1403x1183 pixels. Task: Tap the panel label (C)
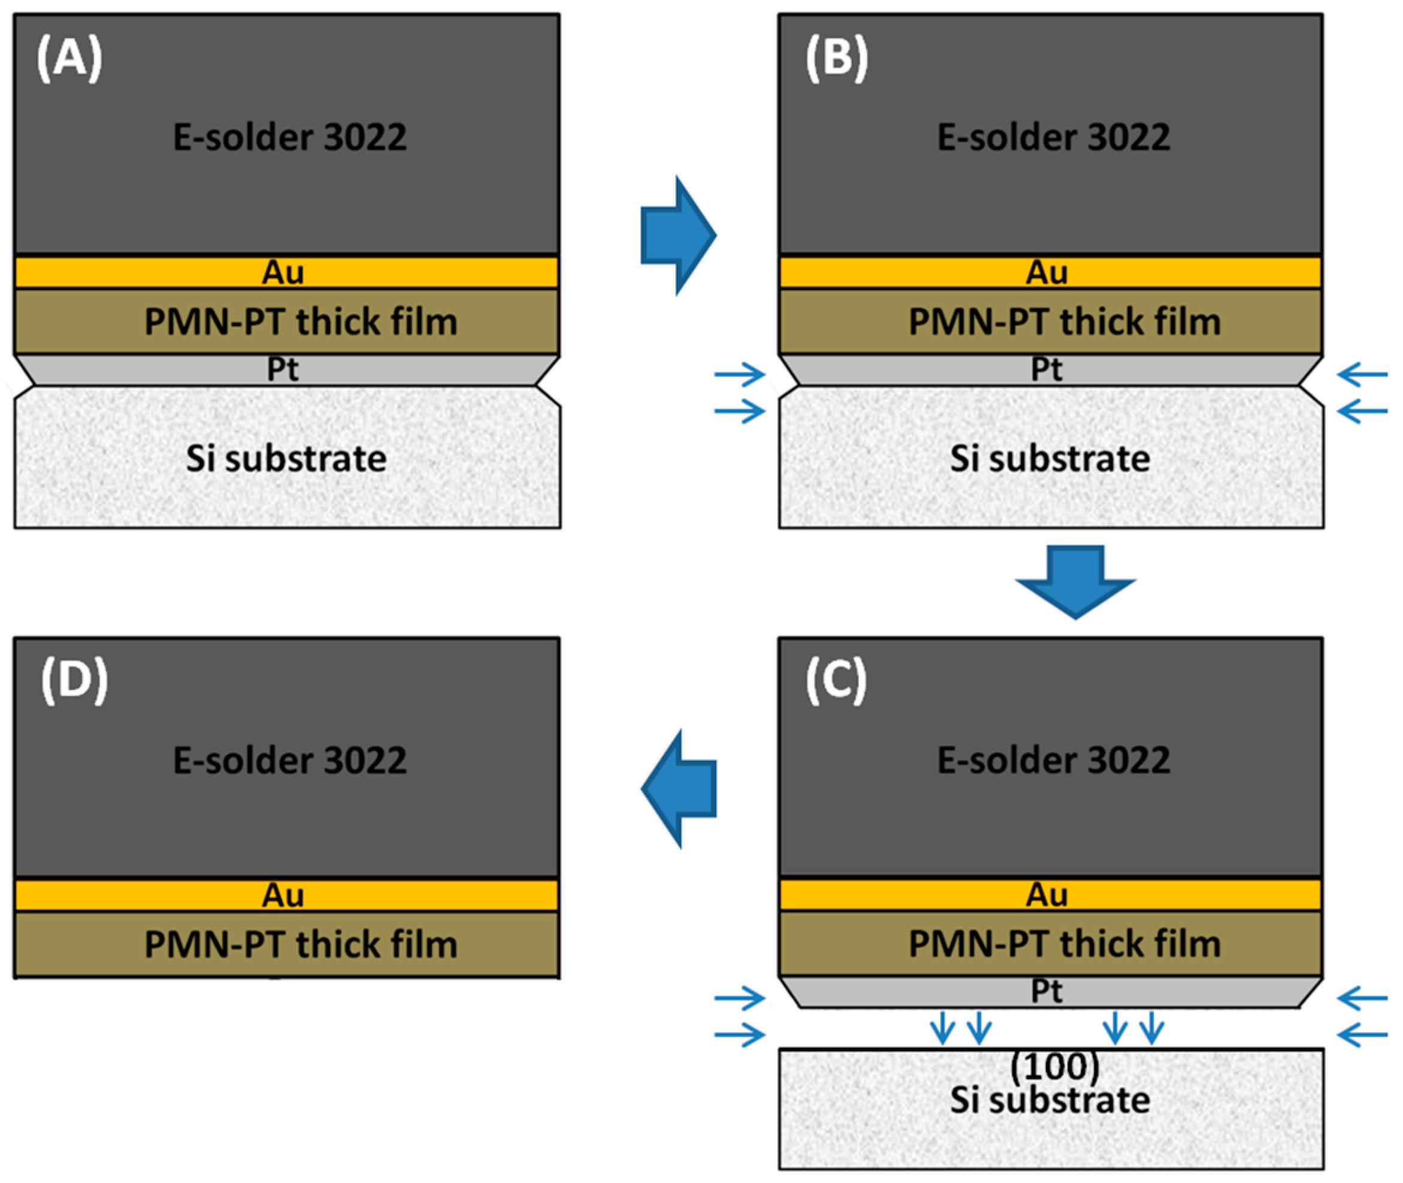point(835,681)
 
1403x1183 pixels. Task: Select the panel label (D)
point(74,681)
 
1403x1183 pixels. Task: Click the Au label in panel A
point(282,272)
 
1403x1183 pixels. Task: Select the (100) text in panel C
point(1054,1065)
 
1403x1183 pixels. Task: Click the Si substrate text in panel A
point(286,459)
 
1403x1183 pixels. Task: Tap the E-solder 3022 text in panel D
point(289,760)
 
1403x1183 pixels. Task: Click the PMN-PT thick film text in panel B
point(1064,321)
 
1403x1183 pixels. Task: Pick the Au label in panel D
point(282,895)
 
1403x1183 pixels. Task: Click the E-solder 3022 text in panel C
point(1053,760)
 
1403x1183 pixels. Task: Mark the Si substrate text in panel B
point(1050,459)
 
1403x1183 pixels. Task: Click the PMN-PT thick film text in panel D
point(301,944)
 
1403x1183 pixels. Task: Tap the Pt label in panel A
point(282,369)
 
